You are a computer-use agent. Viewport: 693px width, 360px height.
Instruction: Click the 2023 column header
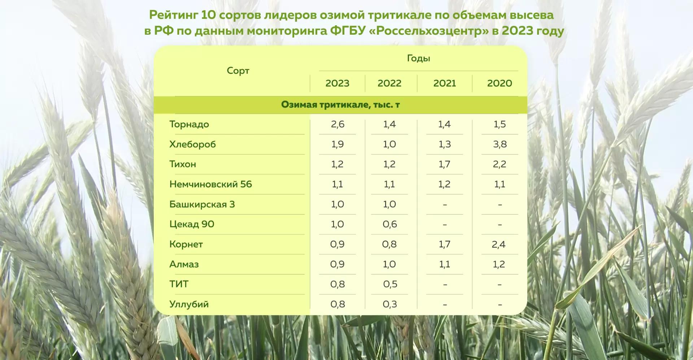[x=337, y=83]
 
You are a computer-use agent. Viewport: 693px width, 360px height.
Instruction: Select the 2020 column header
[x=499, y=83]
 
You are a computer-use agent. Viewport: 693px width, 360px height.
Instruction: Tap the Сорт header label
[x=238, y=71]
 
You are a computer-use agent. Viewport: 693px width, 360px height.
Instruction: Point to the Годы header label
[x=418, y=58]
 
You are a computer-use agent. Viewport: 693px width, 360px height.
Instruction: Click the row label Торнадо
[x=189, y=124]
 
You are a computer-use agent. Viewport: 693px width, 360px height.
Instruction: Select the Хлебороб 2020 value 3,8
[x=500, y=144]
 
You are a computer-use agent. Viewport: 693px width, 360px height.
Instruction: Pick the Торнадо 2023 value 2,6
[x=337, y=124]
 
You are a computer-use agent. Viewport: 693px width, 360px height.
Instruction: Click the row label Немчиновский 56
[x=210, y=184]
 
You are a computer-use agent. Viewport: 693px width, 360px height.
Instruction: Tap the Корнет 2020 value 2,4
[x=498, y=244]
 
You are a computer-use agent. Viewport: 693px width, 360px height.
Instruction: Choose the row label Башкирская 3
[x=202, y=204]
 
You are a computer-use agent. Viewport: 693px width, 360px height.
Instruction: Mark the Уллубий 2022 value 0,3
[x=390, y=304]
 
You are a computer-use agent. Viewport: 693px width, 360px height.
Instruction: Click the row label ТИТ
[x=179, y=284]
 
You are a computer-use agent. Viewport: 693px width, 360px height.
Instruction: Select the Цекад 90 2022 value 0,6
[x=390, y=224]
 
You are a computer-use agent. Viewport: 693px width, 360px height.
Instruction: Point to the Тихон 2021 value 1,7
[x=444, y=164]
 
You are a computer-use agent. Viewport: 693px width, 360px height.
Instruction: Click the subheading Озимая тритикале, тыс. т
[x=340, y=105]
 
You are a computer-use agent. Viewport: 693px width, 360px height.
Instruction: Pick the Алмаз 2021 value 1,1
[x=444, y=264]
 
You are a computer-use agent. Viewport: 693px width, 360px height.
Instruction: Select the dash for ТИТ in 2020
[x=500, y=285]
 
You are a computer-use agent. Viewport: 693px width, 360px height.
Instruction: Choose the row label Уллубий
[x=189, y=304]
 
